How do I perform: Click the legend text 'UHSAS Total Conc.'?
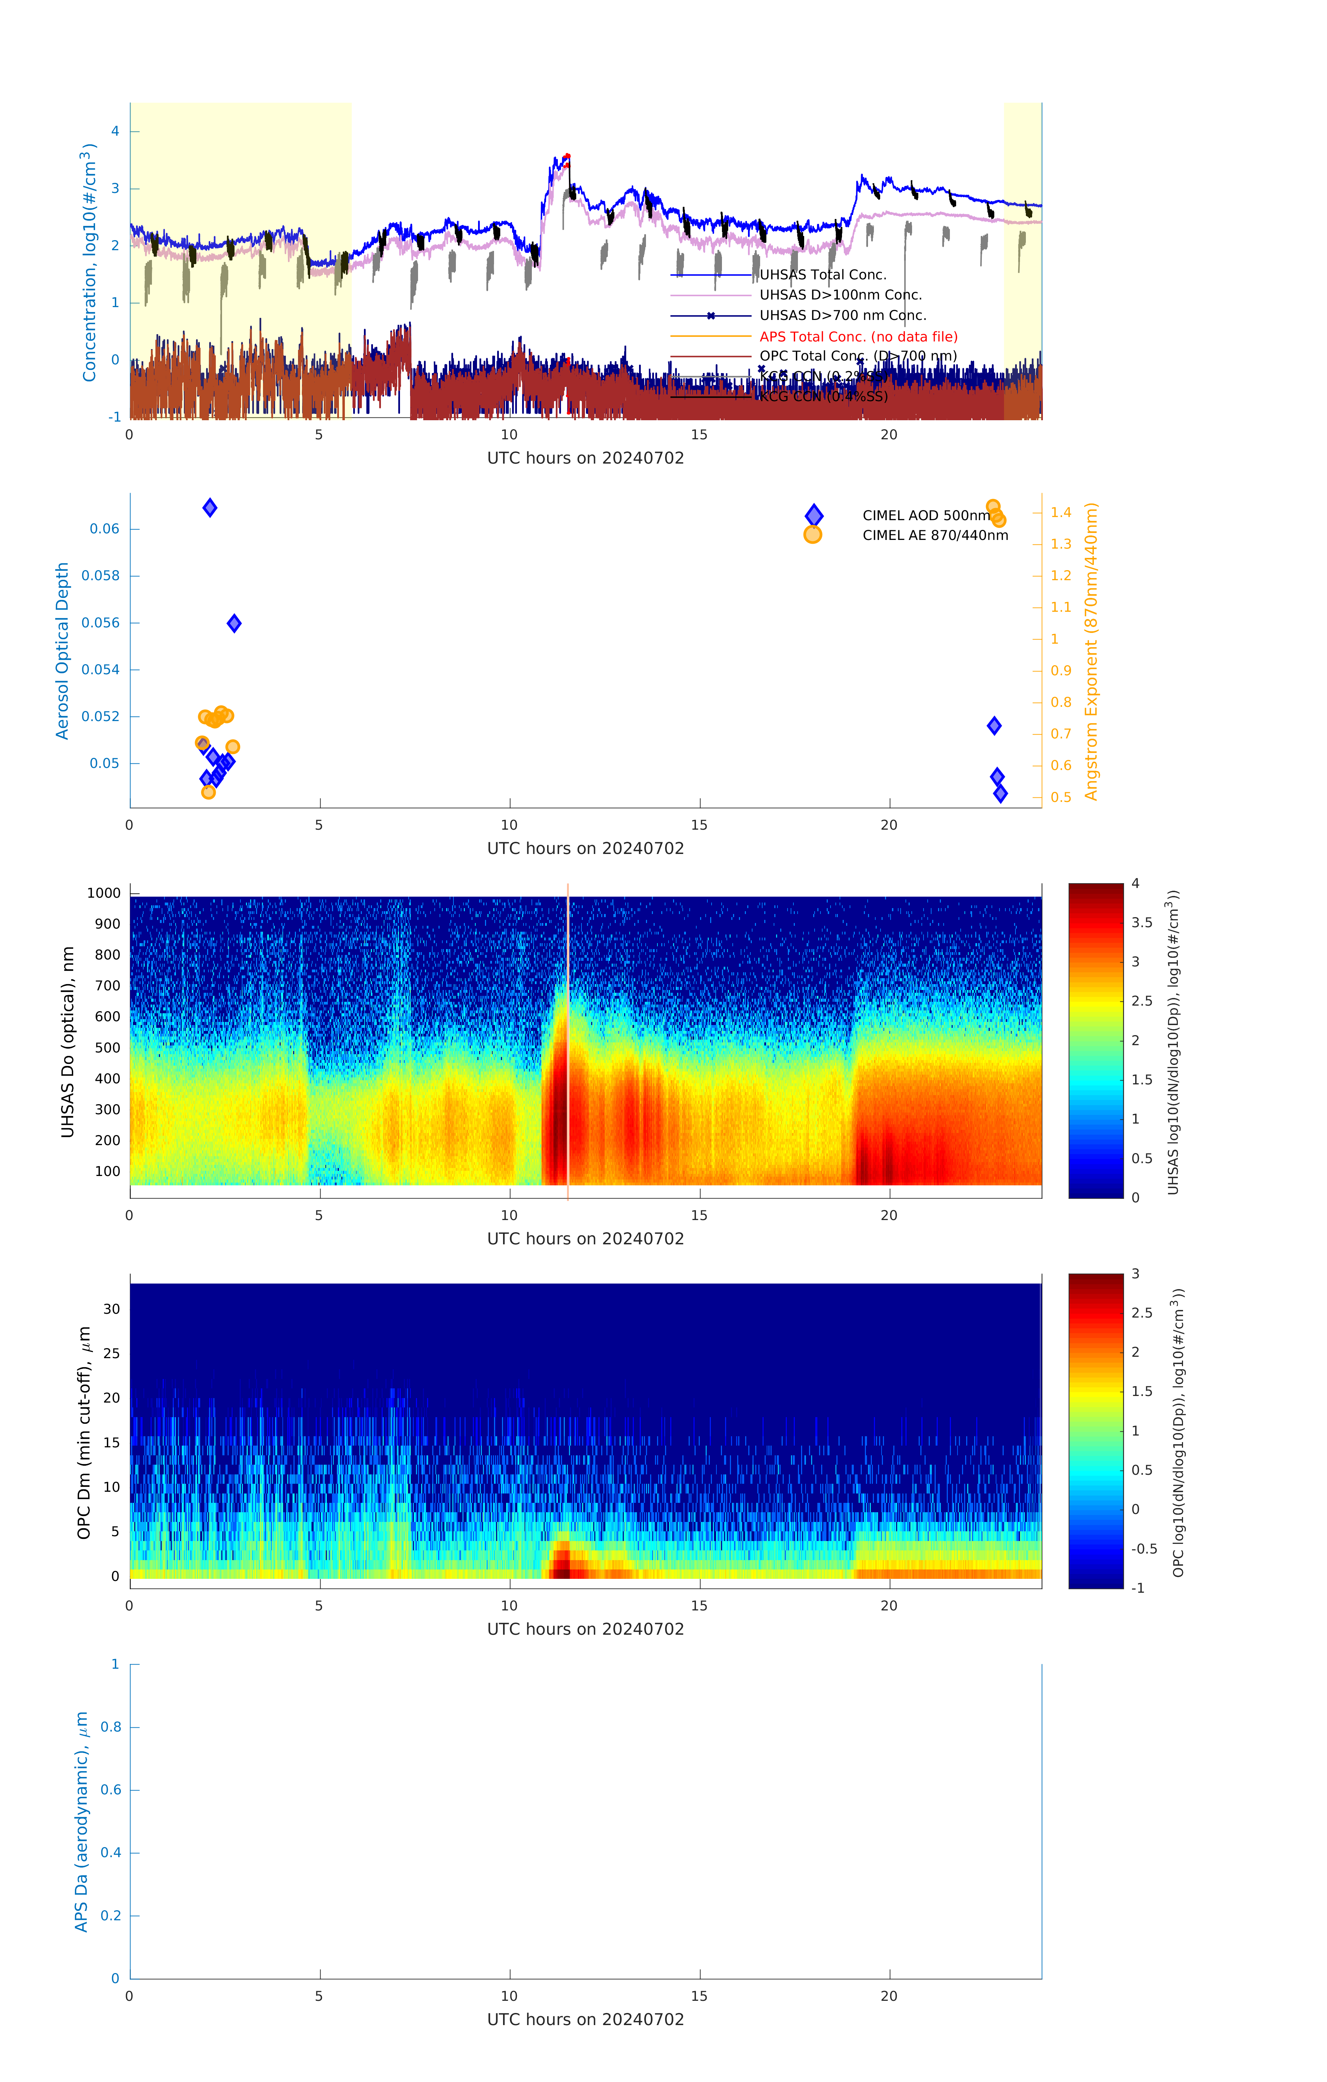pos(822,275)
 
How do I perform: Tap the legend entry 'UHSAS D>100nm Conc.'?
pos(840,295)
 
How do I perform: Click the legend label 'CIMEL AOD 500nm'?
pos(926,515)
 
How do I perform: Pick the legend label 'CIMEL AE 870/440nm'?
pos(935,535)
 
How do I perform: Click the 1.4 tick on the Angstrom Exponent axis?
pos(1060,513)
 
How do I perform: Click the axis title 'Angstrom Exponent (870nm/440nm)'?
pos(1091,651)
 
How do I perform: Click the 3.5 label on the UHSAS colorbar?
pos(1141,923)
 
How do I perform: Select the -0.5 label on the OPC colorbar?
pos(1144,1549)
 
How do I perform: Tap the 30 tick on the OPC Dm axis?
pos(111,1309)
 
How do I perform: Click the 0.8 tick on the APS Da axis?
pos(111,1727)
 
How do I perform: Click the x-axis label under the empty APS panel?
pos(585,2019)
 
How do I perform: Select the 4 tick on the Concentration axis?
pos(115,132)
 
